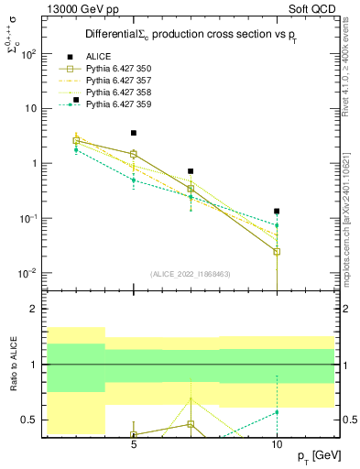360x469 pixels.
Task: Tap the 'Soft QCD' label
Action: click(x=311, y=8)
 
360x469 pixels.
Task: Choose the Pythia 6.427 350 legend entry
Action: click(x=118, y=69)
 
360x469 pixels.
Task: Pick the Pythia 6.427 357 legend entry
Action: click(x=118, y=81)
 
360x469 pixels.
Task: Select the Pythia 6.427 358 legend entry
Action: click(x=118, y=93)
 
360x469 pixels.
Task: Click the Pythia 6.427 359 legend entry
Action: click(x=118, y=104)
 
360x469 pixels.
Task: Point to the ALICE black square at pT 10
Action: click(x=277, y=211)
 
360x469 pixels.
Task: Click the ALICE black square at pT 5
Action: click(x=134, y=133)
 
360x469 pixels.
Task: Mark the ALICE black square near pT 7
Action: click(x=191, y=171)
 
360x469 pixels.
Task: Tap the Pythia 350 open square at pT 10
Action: click(x=277, y=251)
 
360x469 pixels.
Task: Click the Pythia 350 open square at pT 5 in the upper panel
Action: click(x=134, y=154)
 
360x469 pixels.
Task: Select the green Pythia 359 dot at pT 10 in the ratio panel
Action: click(x=277, y=412)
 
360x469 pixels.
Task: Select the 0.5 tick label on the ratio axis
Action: click(x=29, y=420)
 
